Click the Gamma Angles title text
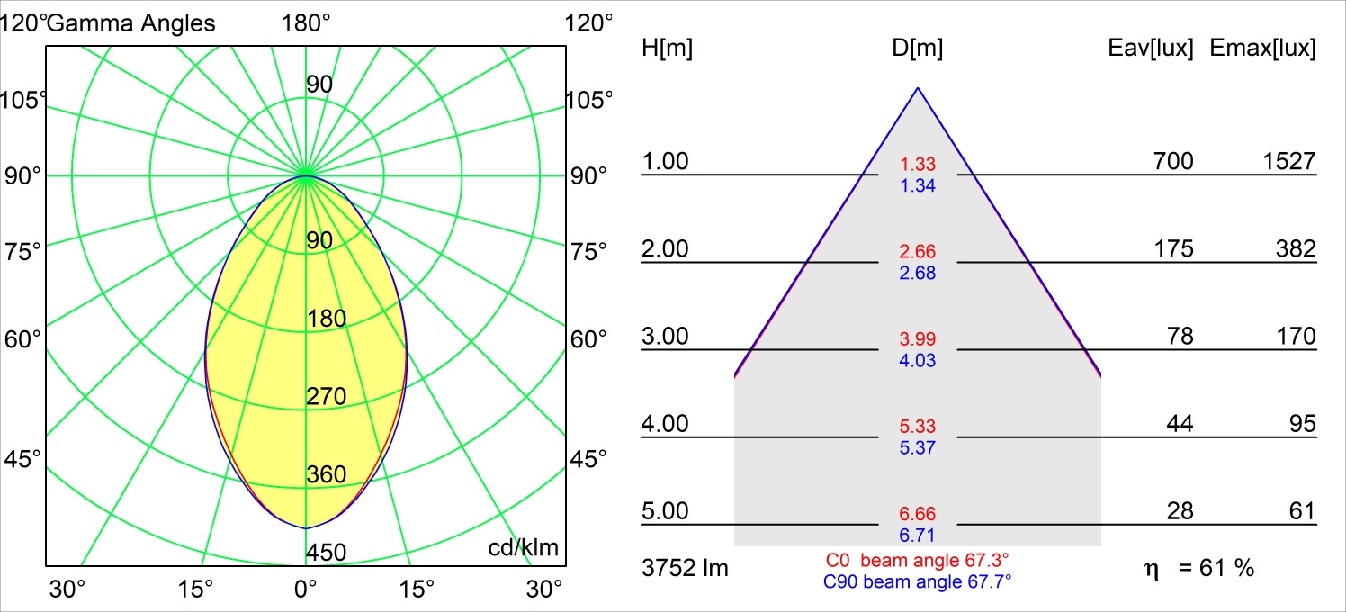tap(131, 23)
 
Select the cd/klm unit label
tap(524, 547)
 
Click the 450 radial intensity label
tap(327, 552)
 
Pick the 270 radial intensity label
tap(327, 396)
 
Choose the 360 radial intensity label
tap(327, 474)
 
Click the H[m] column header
tap(667, 49)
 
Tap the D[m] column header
tap(918, 49)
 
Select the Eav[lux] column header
tap(1151, 49)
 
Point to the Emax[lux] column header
tap(1263, 49)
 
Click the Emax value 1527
tap(1288, 161)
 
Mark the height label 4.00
tap(665, 423)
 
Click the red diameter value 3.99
tap(918, 339)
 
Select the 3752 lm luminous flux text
tap(685, 568)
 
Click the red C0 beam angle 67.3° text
tap(918, 561)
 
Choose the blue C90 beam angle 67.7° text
tap(918, 581)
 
